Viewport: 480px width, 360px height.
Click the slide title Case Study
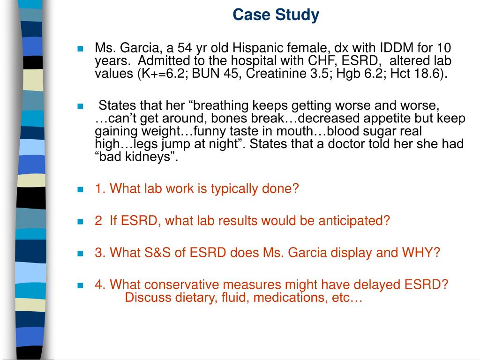[x=276, y=15]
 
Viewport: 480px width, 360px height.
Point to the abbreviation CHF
[x=309, y=61]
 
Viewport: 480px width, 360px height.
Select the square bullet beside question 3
[x=80, y=253]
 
